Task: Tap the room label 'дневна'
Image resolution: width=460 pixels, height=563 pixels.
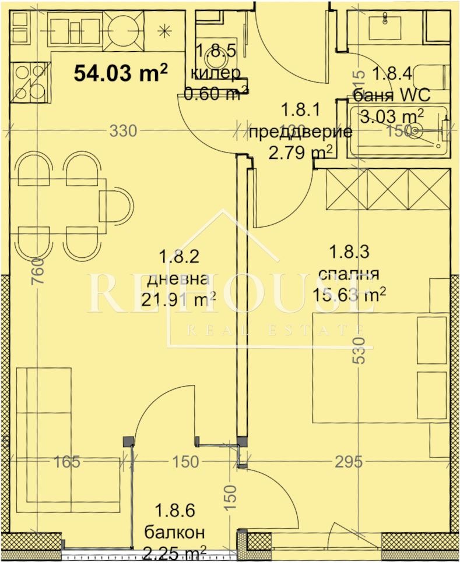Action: [177, 279]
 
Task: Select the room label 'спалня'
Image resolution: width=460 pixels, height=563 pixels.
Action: [348, 274]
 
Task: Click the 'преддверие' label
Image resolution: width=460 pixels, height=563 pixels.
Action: [300, 132]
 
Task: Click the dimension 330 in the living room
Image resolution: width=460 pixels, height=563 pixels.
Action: [123, 132]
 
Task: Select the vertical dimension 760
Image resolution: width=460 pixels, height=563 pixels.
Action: [36, 270]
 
